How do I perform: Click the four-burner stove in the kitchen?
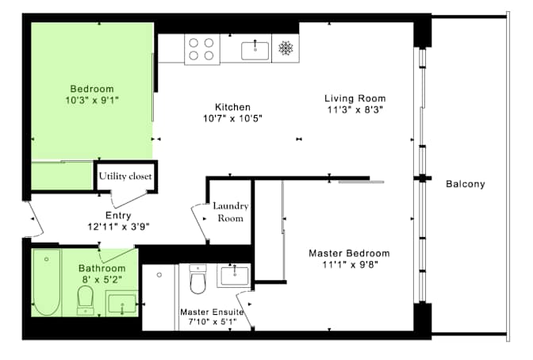pyautogui.click(x=201, y=50)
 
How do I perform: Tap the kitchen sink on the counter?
pyautogui.click(x=256, y=50)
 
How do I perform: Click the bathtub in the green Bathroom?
pyautogui.click(x=46, y=281)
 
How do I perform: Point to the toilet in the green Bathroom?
pyautogui.click(x=86, y=300)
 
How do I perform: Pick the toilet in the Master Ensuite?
pyautogui.click(x=198, y=280)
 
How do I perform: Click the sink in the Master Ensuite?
pyautogui.click(x=233, y=275)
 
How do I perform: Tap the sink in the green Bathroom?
pyautogui.click(x=121, y=303)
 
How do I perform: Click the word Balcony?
pyautogui.click(x=465, y=184)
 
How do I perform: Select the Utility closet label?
pyautogui.click(x=125, y=176)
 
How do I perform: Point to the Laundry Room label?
pyautogui.click(x=231, y=212)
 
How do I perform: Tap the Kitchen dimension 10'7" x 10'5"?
pyautogui.click(x=232, y=118)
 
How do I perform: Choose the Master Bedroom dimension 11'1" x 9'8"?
pyautogui.click(x=349, y=265)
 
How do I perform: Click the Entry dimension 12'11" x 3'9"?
pyautogui.click(x=117, y=226)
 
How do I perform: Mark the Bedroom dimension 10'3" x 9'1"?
pyautogui.click(x=91, y=100)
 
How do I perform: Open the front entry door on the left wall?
pyautogui.click(x=30, y=219)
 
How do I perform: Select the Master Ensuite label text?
pyautogui.click(x=211, y=312)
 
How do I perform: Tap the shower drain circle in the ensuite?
pyautogui.click(x=159, y=275)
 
